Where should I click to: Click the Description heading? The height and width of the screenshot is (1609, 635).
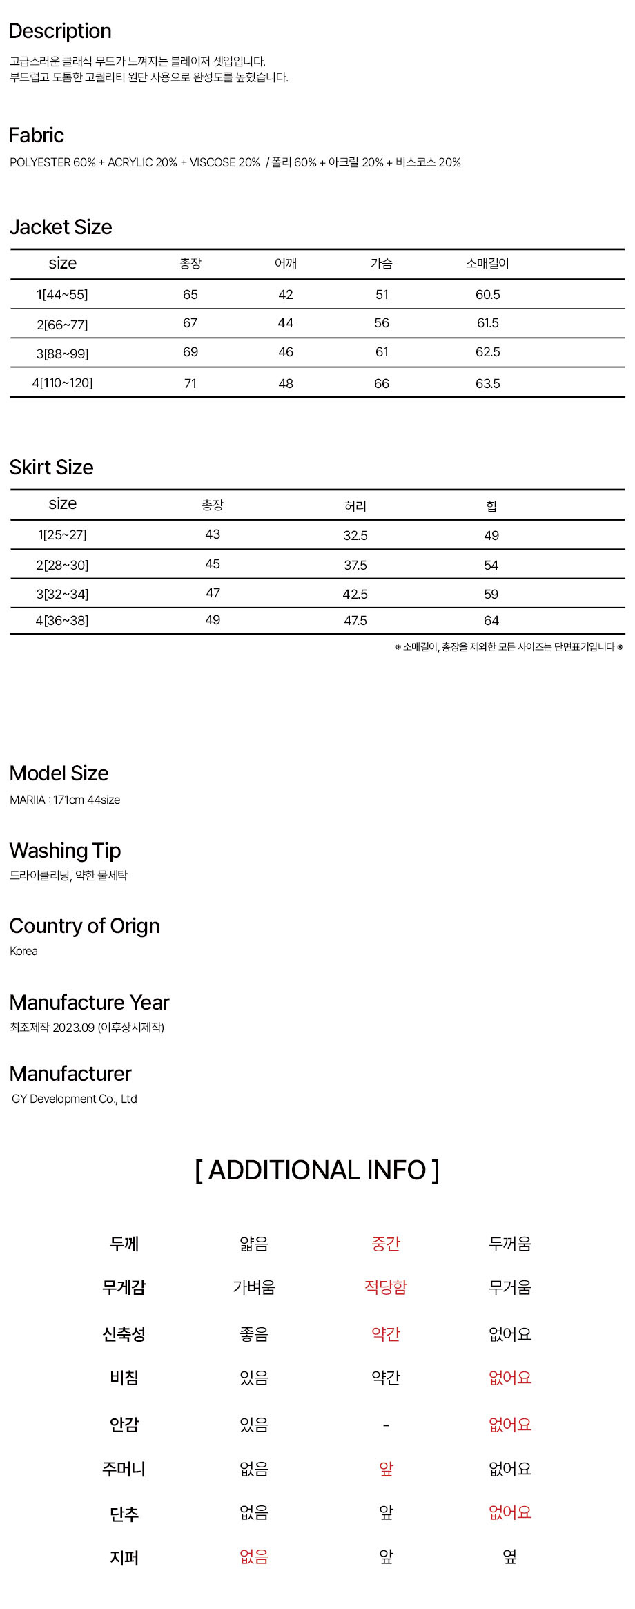(x=60, y=31)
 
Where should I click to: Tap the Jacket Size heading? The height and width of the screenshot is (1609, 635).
(x=61, y=227)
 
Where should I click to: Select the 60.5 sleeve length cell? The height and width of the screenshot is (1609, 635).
(x=487, y=295)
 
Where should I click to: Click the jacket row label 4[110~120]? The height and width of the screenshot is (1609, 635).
(x=62, y=383)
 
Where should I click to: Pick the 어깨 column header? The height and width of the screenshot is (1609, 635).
(x=286, y=263)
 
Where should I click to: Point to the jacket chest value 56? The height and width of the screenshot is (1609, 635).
(x=382, y=323)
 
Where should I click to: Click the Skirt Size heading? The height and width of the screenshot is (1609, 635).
(x=52, y=468)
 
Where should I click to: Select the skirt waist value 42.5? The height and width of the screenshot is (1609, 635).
(x=355, y=594)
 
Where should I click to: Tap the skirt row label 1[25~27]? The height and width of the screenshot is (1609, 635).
(x=62, y=535)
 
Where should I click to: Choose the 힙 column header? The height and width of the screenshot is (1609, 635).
(x=491, y=506)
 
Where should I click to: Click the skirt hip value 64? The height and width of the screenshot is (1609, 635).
(x=491, y=621)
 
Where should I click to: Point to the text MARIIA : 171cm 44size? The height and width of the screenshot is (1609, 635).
(x=65, y=800)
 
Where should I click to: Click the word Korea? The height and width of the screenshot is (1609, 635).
(x=24, y=951)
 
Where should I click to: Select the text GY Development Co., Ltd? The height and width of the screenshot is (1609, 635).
(x=75, y=1099)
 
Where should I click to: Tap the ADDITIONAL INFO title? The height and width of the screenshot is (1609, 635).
(x=317, y=1170)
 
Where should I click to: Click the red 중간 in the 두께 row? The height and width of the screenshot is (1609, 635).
(x=386, y=1244)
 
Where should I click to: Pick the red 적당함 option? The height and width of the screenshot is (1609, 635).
(x=386, y=1287)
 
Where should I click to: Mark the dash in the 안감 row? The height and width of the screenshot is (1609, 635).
(x=386, y=1425)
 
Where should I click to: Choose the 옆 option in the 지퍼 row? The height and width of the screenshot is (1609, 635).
(x=510, y=1557)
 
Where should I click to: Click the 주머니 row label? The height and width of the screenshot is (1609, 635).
(x=124, y=1469)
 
